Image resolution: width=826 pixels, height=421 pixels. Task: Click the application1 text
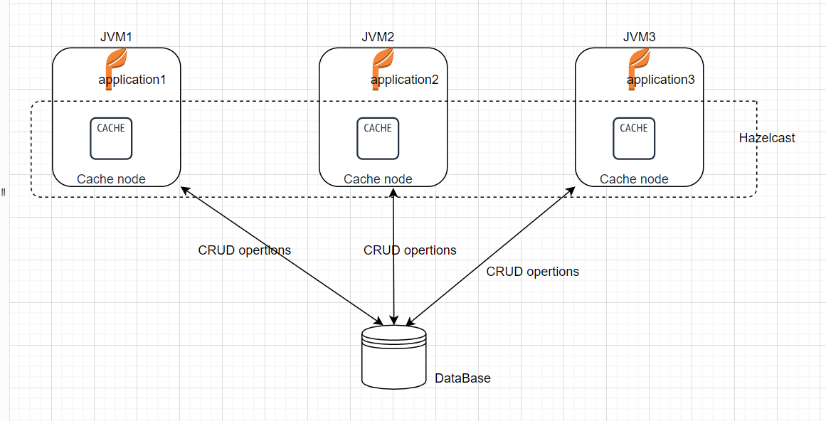point(132,80)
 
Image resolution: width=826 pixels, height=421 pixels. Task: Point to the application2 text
point(405,80)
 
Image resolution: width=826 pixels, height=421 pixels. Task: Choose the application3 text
point(661,80)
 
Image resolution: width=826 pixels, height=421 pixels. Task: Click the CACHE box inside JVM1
point(111,138)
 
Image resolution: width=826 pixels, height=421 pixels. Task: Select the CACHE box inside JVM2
point(378,138)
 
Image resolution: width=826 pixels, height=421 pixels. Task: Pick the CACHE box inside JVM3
point(634,138)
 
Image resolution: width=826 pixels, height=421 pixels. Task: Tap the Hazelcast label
point(767,138)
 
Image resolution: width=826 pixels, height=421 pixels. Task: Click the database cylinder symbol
point(393,357)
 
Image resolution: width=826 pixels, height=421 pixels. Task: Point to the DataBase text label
point(462,378)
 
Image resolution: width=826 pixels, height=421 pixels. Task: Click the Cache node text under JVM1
point(111,179)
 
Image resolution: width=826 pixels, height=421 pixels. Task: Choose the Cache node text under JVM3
point(634,179)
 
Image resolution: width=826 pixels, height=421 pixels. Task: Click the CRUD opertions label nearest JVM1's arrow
point(245,250)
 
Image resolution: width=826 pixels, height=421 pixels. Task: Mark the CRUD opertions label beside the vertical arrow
point(410,250)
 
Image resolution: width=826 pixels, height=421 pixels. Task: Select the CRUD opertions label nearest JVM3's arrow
point(533,272)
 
